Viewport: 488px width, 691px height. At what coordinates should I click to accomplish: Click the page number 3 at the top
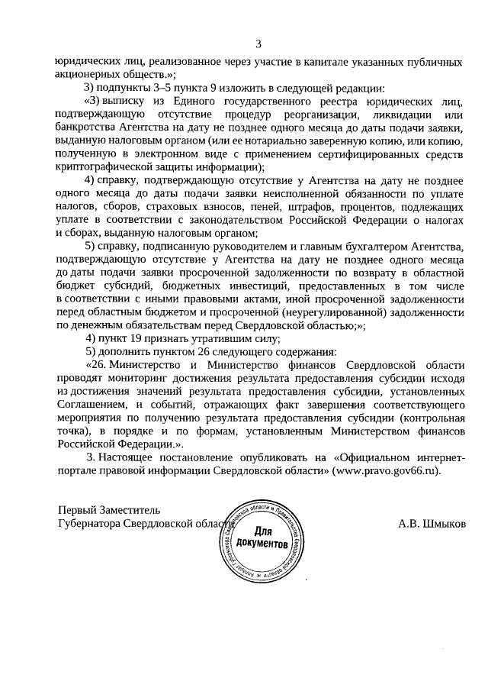pyautogui.click(x=258, y=43)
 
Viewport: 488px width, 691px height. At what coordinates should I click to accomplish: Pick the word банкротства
pyautogui.click(x=87, y=127)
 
